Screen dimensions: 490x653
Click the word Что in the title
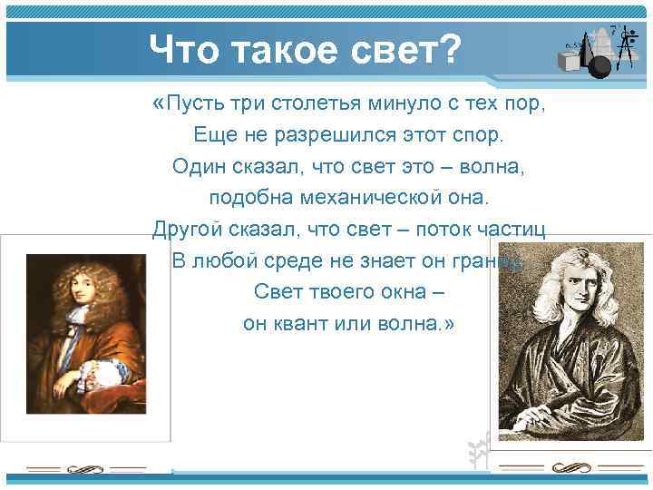click(186, 48)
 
